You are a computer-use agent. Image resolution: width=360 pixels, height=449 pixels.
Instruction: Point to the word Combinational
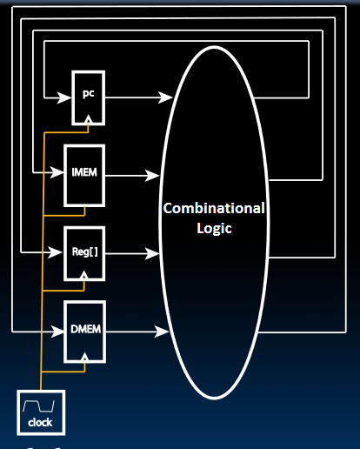(214, 208)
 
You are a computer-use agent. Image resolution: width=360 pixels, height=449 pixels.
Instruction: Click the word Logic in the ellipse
(214, 228)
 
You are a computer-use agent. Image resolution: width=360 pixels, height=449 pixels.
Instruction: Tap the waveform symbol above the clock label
(38, 405)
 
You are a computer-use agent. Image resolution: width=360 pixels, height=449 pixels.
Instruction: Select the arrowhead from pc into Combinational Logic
(165, 97)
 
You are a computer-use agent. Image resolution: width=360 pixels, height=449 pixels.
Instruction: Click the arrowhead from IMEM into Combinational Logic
(152, 176)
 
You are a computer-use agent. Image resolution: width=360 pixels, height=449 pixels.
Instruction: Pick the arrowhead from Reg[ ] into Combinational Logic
(152, 253)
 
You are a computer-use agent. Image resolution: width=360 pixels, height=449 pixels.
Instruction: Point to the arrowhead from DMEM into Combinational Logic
(162, 332)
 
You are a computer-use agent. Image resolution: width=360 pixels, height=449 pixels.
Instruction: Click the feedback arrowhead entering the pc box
(64, 97)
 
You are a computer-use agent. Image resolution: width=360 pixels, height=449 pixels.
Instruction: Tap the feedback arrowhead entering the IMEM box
(57, 172)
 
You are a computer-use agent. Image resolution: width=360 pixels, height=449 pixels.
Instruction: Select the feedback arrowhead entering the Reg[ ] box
(55, 252)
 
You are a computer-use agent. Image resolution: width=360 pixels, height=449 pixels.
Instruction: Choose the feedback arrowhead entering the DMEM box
(57, 332)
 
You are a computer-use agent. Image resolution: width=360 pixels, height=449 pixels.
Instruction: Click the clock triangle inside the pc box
(89, 119)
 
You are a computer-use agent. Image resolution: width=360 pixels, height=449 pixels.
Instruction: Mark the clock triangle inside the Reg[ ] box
(84, 275)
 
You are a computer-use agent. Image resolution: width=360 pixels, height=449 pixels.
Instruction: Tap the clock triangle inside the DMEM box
(84, 357)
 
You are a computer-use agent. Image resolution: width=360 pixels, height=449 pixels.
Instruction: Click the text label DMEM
(85, 329)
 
